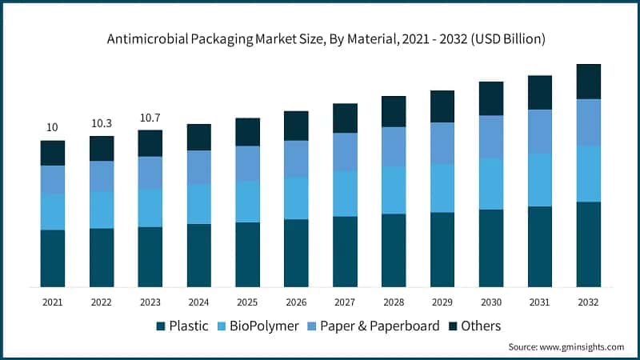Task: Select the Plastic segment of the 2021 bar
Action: coord(53,258)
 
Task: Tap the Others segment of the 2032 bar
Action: coord(589,82)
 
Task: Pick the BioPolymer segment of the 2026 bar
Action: coord(296,198)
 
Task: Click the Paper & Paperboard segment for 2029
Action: coord(442,143)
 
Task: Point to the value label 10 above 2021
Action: coord(52,127)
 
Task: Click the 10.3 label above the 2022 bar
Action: coord(102,123)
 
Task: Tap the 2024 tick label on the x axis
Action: coord(198,302)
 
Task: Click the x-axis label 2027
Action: coord(345,302)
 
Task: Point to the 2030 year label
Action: coord(491,302)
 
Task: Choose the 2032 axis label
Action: coord(589,302)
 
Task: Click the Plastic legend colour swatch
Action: coord(161,326)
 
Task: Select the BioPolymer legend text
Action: coord(265,326)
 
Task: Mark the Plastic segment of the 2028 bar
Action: coord(394,250)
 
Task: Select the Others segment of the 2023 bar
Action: coord(150,143)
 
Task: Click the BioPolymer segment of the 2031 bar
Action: coord(540,180)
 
